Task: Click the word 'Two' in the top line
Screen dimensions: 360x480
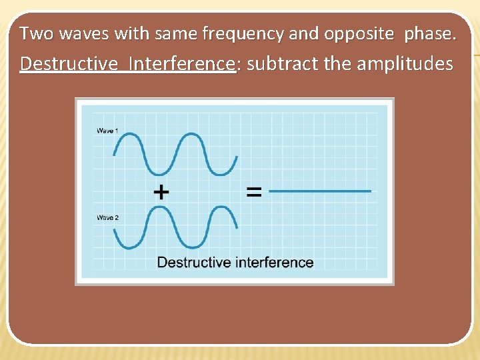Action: [x=33, y=33]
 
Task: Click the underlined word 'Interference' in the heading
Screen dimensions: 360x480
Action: [x=183, y=64]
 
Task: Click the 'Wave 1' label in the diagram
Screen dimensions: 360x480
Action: [x=107, y=131]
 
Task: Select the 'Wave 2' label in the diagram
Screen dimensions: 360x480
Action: [x=107, y=218]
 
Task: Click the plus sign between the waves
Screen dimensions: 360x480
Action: [x=161, y=192]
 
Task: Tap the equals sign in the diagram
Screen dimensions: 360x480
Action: [x=254, y=192]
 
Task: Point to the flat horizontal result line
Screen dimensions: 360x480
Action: [x=320, y=191]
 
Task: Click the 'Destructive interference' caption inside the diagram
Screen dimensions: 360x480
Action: [x=235, y=262]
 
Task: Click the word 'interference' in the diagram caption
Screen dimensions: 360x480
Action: [x=273, y=262]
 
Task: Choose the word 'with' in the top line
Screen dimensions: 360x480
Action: [x=129, y=33]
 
